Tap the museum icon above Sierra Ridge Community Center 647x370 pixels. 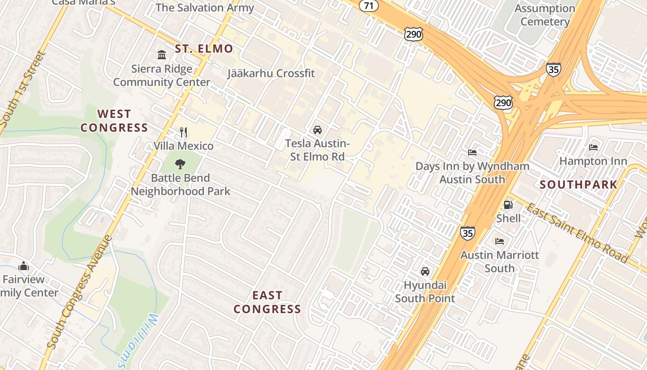click(x=162, y=55)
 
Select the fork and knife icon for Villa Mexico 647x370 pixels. click(x=183, y=132)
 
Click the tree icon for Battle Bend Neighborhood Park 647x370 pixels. click(x=180, y=164)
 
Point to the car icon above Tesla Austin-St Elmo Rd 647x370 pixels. click(x=317, y=130)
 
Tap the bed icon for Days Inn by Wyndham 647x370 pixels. click(x=472, y=152)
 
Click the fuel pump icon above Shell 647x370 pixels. click(x=508, y=204)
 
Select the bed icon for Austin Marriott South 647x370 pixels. click(x=500, y=241)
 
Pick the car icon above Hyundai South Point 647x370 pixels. click(x=425, y=271)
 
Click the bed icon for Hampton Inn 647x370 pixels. click(x=593, y=148)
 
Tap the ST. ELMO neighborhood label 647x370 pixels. click(x=204, y=49)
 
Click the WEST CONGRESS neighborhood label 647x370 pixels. click(x=114, y=121)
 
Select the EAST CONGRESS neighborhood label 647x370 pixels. click(x=267, y=302)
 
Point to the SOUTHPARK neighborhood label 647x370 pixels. click(x=579, y=185)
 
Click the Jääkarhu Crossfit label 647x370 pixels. click(x=271, y=73)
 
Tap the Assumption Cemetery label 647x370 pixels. click(x=545, y=15)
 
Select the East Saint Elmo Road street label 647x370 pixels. click(x=577, y=232)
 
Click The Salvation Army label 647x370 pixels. click(x=205, y=7)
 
